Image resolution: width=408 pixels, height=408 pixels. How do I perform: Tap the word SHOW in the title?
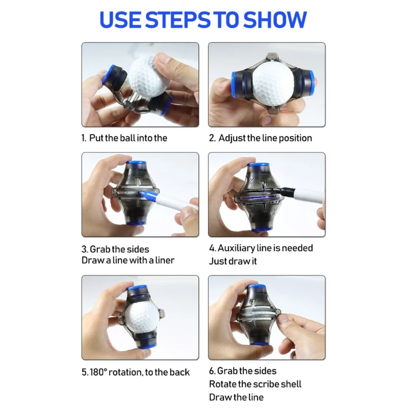coord(275,20)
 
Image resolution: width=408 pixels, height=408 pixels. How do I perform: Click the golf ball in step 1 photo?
coord(148,78)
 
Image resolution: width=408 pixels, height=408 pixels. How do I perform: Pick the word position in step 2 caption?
coord(295,138)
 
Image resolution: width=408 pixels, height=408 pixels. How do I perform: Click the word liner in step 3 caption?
coord(165,260)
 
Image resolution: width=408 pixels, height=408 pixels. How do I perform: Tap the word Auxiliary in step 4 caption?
coord(237,248)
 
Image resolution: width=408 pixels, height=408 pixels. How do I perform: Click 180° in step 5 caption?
coord(98,372)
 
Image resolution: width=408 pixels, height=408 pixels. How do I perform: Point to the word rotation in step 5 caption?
coord(125,372)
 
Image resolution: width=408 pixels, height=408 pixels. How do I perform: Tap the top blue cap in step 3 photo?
coord(136,163)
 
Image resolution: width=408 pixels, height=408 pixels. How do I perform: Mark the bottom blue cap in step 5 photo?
coord(148,346)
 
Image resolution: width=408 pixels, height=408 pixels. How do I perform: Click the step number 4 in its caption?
coord(212,248)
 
